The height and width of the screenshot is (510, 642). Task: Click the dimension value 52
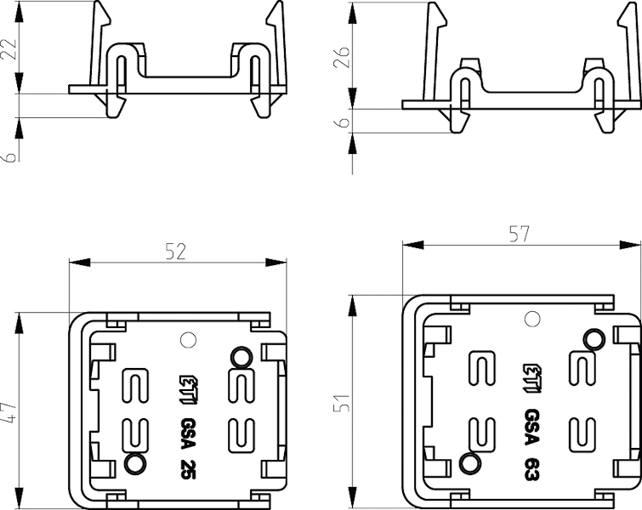point(176,251)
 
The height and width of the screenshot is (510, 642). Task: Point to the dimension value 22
point(9,48)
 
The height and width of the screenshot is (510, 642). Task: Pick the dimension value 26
point(343,58)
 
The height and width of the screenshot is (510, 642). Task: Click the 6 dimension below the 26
point(344,122)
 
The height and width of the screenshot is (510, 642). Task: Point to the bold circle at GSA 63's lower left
point(467,463)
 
